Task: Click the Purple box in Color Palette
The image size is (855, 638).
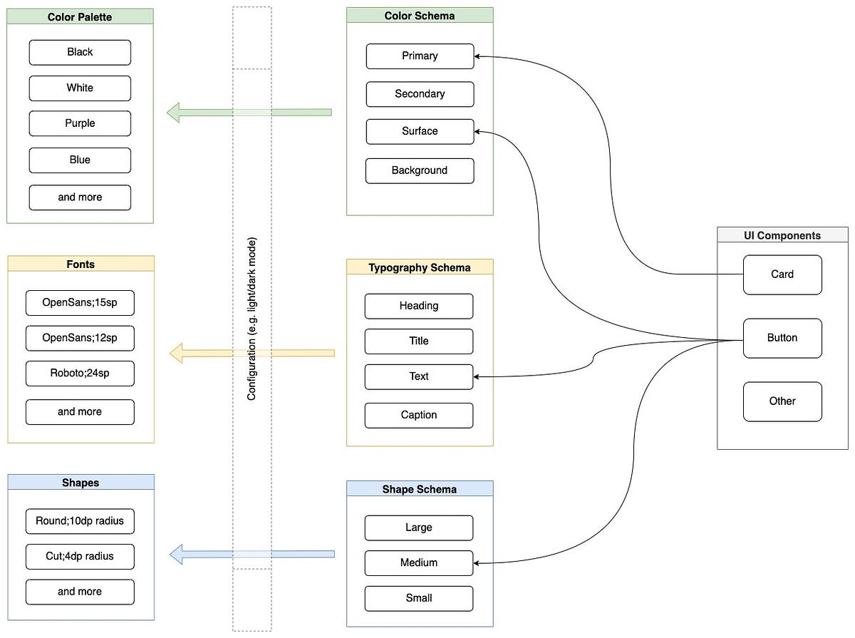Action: click(80, 123)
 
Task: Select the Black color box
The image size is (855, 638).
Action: click(80, 52)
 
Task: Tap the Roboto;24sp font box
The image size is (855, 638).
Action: click(80, 374)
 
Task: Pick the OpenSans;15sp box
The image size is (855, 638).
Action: click(80, 302)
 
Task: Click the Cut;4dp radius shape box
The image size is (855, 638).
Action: click(80, 556)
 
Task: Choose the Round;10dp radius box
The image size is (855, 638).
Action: click(80, 521)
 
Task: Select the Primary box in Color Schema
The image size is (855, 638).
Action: click(420, 56)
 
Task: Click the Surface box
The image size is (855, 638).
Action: click(420, 131)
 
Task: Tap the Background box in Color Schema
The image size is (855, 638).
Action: click(420, 170)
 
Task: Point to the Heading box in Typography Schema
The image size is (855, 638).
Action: click(419, 306)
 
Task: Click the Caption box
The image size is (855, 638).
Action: click(419, 415)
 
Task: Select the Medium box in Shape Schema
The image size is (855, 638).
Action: click(419, 562)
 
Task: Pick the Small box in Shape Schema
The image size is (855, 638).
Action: click(419, 598)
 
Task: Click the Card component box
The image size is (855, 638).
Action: click(782, 274)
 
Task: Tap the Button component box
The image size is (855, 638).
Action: click(782, 338)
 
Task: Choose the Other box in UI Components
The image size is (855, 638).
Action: click(782, 401)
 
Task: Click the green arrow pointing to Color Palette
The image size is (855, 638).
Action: click(249, 112)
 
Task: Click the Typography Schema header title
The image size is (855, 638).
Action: click(420, 267)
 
